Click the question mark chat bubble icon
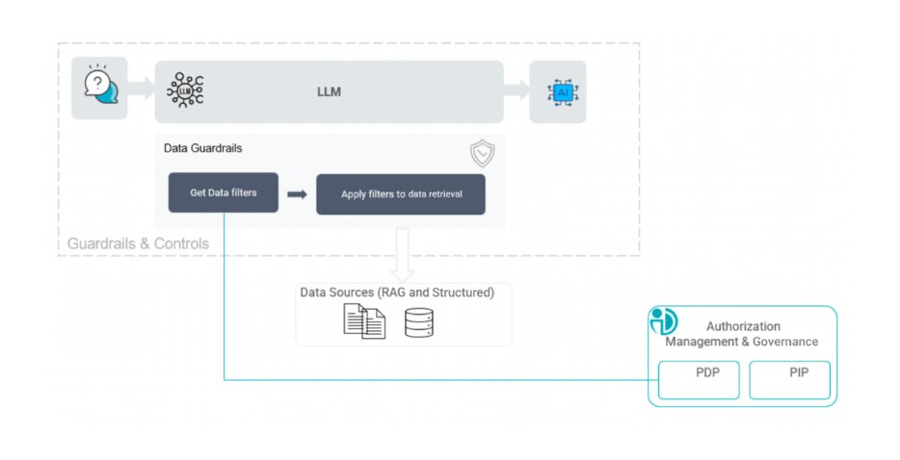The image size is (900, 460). (99, 88)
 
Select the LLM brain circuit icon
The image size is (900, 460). (185, 90)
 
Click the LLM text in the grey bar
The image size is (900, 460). (330, 92)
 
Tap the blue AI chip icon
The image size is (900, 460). (558, 92)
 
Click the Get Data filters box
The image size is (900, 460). (224, 192)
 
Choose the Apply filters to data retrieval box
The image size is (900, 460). (400, 194)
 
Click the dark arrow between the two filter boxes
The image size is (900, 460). (297, 194)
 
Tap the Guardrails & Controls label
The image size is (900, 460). (138, 243)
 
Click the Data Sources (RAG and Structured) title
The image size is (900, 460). (397, 293)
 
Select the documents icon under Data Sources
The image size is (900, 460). (364, 320)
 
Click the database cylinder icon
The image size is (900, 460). (419, 321)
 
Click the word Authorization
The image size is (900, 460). (743, 326)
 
